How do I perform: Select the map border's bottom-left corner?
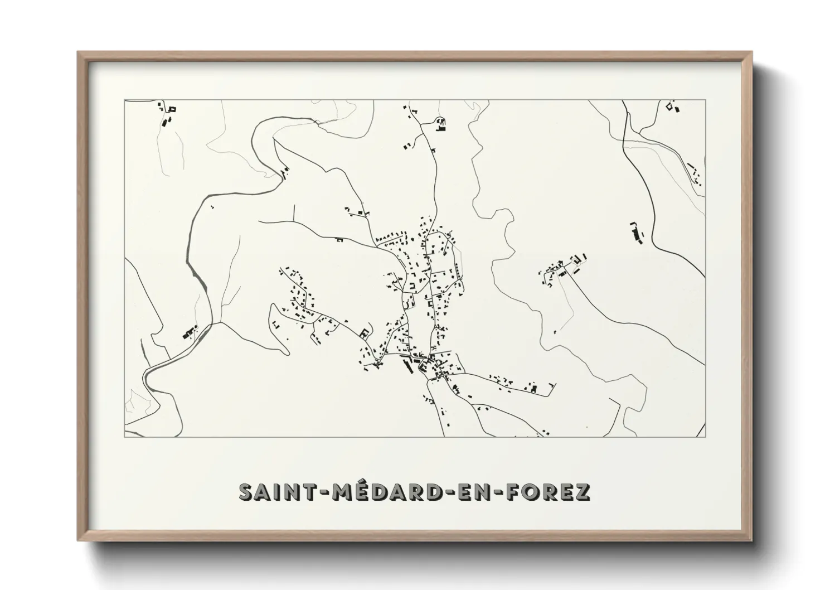point(124,437)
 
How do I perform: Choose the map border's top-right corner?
point(705,100)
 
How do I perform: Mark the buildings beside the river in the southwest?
point(190,333)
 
